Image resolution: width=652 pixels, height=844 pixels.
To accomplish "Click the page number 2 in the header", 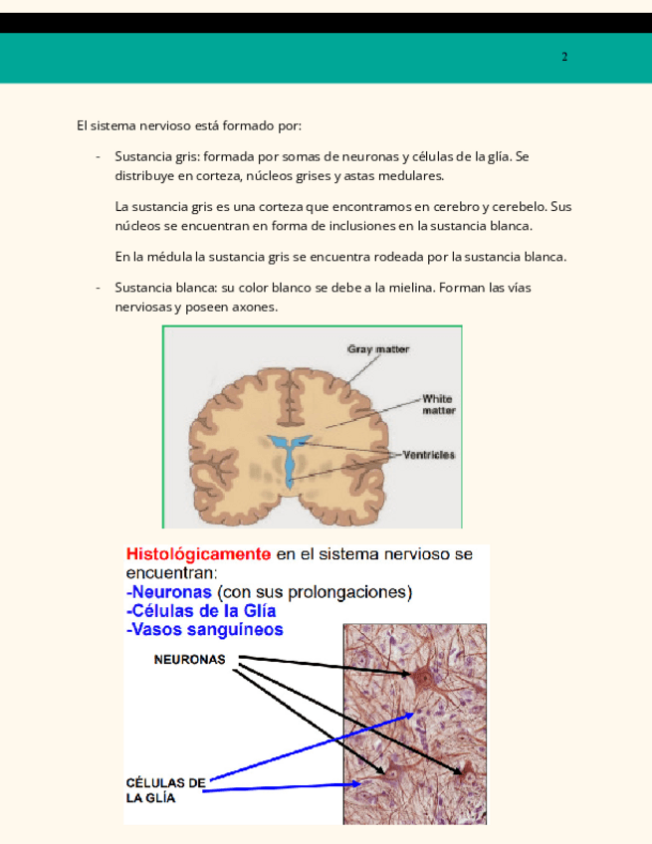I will pyautogui.click(x=564, y=57).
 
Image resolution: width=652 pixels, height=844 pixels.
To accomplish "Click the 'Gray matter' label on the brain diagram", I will pyautogui.click(x=377, y=349).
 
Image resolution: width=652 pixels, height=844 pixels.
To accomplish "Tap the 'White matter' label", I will pyautogui.click(x=438, y=404).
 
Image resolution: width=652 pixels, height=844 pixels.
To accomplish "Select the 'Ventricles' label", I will pyautogui.click(x=428, y=455).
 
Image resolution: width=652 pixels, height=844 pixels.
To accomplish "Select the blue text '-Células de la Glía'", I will pyautogui.click(x=201, y=611).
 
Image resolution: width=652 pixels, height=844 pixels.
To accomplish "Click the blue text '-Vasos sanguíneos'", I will pyautogui.click(x=204, y=630).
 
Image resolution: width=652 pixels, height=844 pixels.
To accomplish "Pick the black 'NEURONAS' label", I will pyautogui.click(x=189, y=659).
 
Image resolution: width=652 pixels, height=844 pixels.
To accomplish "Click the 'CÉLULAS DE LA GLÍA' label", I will pyautogui.click(x=165, y=790).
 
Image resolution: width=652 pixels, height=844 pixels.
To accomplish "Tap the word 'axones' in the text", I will pyautogui.click(x=256, y=307).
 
